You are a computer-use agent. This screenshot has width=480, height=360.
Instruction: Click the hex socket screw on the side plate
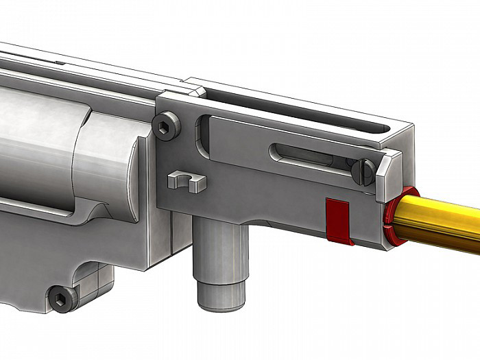[167, 126]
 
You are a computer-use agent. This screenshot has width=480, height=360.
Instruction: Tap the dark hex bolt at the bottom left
[62, 299]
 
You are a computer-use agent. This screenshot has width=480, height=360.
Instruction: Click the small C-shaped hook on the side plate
[187, 182]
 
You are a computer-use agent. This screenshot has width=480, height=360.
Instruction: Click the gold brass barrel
[439, 219]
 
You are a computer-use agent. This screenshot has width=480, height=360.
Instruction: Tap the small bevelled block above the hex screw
[196, 90]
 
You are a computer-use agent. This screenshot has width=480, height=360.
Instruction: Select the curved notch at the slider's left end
[203, 134]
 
